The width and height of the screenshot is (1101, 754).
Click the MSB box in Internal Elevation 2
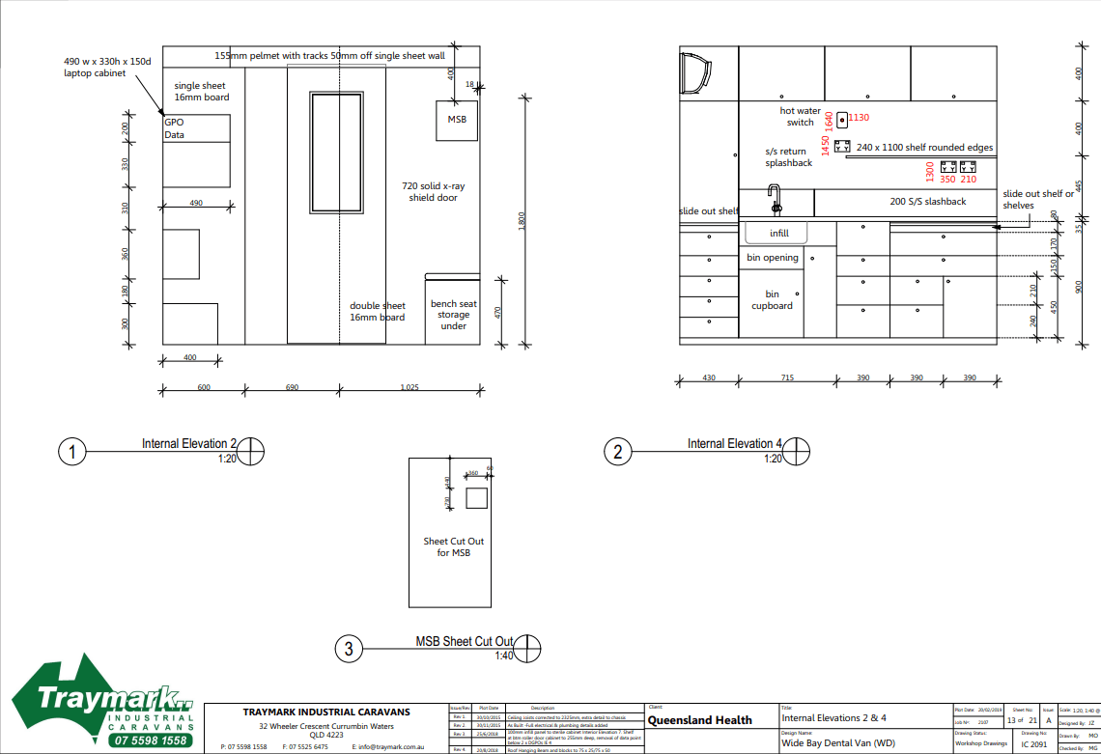pos(457,120)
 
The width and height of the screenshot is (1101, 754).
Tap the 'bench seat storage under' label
pos(453,315)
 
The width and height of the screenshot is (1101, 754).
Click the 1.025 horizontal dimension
pos(412,386)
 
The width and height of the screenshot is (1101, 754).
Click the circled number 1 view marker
pos(72,451)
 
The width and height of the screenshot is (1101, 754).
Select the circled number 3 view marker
pos(349,649)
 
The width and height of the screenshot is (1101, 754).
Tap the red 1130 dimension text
pos(859,118)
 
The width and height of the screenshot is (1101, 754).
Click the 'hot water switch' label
pos(800,117)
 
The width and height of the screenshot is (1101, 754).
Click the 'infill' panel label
pos(779,234)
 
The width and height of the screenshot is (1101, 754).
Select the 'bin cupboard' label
pos(772,300)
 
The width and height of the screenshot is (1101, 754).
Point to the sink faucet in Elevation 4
pos(774,201)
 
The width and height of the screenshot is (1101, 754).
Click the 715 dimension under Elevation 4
pos(786,377)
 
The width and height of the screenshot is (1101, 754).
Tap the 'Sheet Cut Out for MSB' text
pos(453,547)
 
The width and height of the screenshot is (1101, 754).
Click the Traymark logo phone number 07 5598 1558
pos(150,740)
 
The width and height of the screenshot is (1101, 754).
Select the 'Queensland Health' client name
pos(699,720)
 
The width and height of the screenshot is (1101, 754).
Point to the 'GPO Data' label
pos(174,129)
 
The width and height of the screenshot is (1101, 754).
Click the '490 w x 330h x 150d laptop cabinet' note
pos(107,67)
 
